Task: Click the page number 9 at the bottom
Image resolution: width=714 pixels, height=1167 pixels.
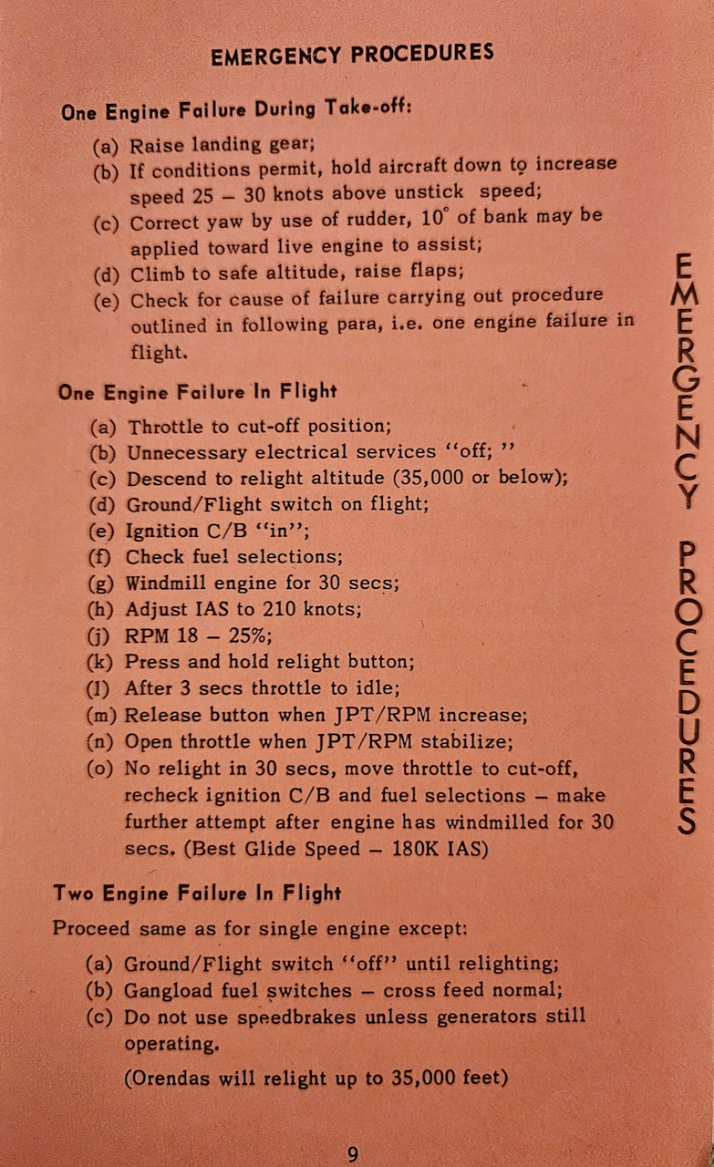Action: point(352,1153)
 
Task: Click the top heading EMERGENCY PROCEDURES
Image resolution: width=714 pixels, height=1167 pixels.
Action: point(352,55)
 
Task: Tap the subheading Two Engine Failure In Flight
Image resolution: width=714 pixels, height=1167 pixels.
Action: point(198,893)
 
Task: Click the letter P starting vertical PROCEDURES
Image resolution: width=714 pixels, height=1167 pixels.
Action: point(689,553)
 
